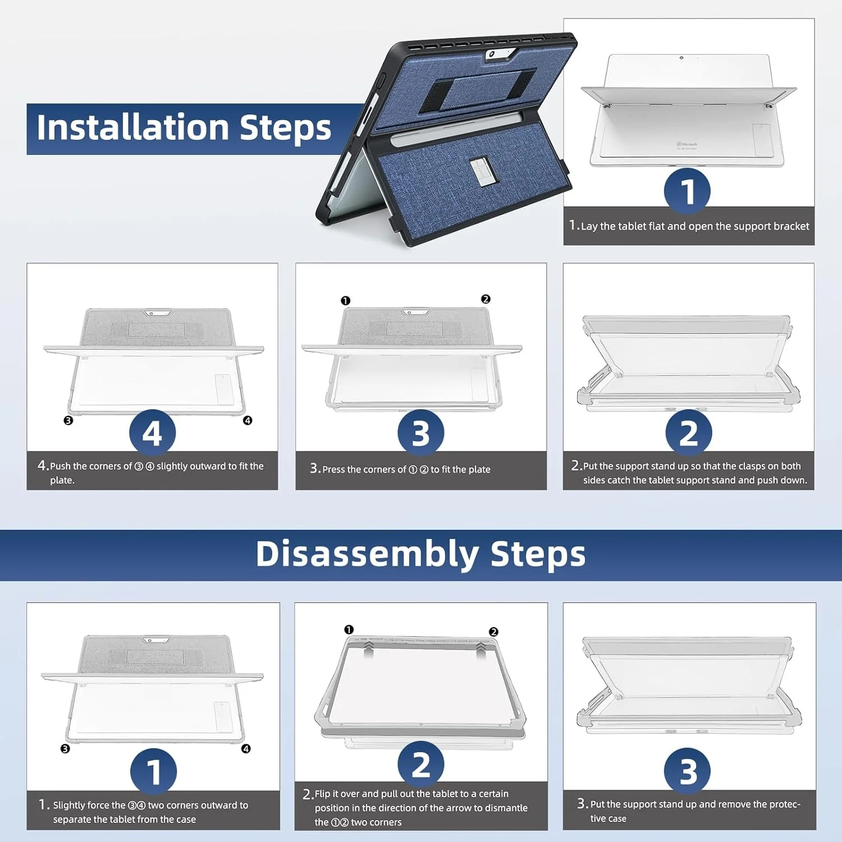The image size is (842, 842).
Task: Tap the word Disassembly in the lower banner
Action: click(367, 554)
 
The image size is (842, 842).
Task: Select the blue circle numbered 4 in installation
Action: click(152, 433)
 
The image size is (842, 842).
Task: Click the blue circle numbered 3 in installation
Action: click(421, 433)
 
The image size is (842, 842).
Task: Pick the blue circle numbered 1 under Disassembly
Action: click(153, 771)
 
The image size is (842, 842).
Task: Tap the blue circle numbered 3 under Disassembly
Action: click(688, 771)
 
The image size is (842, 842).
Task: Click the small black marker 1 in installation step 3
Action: click(345, 301)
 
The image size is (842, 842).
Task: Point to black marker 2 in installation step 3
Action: click(486, 299)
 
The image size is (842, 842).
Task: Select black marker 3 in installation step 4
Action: click(68, 420)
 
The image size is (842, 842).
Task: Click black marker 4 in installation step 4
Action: click(248, 420)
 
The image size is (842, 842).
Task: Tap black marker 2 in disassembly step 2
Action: click(493, 631)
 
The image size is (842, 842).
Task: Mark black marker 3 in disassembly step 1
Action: click(65, 749)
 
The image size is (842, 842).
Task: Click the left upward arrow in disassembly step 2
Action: click(368, 649)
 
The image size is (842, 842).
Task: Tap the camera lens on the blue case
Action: click(492, 54)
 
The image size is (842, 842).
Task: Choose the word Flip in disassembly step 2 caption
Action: click(323, 794)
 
